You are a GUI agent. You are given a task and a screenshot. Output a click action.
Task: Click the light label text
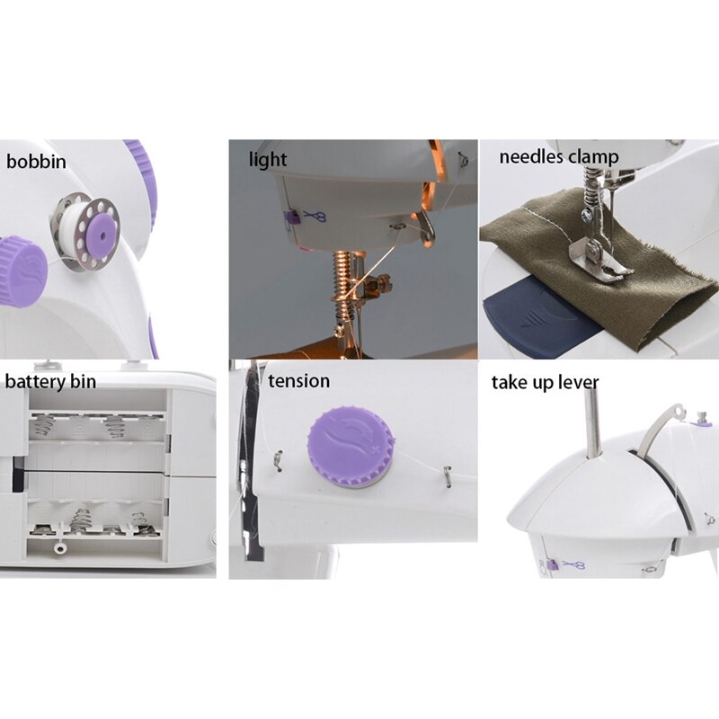268,160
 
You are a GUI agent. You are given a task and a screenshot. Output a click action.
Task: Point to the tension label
298,380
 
